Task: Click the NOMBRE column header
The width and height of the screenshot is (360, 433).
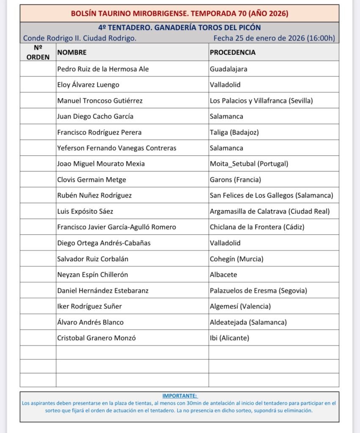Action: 72,52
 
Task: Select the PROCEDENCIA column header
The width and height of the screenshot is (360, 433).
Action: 233,52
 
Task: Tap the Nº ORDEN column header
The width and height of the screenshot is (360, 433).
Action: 38,52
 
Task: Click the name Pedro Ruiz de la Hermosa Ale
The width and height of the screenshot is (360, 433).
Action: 103,69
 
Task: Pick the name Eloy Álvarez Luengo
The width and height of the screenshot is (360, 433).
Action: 88,85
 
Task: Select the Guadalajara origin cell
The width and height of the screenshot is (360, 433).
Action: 228,69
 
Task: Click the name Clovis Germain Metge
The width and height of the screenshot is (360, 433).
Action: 91,180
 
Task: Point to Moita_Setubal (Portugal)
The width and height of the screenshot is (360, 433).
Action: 249,164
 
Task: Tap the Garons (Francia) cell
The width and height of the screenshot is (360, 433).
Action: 235,180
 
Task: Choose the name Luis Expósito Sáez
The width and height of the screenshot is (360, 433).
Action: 85,211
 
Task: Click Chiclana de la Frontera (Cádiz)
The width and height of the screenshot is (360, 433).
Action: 257,227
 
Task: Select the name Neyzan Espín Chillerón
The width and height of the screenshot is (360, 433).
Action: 92,274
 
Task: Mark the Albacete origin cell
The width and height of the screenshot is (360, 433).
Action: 223,274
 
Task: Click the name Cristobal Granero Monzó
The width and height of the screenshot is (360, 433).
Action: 96,338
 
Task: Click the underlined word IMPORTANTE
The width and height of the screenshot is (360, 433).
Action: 179,396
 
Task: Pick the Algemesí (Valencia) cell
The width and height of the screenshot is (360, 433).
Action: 240,306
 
